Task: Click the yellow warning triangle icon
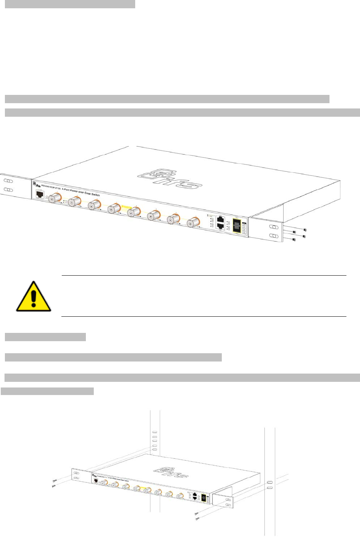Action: point(34,297)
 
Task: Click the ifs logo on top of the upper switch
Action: point(169,178)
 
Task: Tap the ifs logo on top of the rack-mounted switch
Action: point(171,472)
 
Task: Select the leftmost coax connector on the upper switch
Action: point(55,197)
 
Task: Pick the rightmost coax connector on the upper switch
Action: point(193,222)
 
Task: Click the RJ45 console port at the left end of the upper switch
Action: point(40,194)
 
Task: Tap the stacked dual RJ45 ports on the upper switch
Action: point(221,223)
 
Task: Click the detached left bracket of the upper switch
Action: point(14,185)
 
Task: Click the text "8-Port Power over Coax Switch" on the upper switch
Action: point(81,192)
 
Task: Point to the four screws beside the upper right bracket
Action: point(299,234)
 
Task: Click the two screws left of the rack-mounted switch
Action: point(54,483)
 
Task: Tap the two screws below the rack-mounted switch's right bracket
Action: point(197,516)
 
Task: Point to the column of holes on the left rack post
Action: point(154,441)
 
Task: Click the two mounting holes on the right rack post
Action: point(270,485)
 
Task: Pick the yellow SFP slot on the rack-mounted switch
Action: point(204,498)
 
